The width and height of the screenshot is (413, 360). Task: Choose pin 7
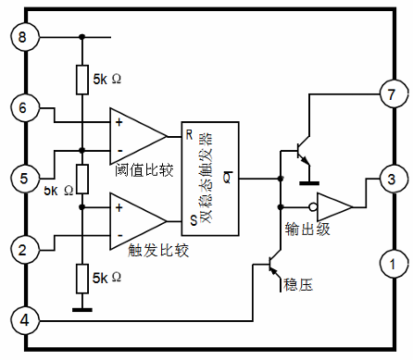[x=392, y=93]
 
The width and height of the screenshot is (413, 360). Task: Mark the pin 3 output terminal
[x=392, y=179]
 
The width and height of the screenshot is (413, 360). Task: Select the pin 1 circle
[x=392, y=265]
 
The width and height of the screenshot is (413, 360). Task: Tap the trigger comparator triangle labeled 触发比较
[x=135, y=219]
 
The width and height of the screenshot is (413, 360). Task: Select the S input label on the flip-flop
[x=189, y=220]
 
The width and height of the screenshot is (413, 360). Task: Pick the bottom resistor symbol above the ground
[x=81, y=276]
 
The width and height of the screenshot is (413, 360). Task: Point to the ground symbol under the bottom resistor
[x=81, y=308]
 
